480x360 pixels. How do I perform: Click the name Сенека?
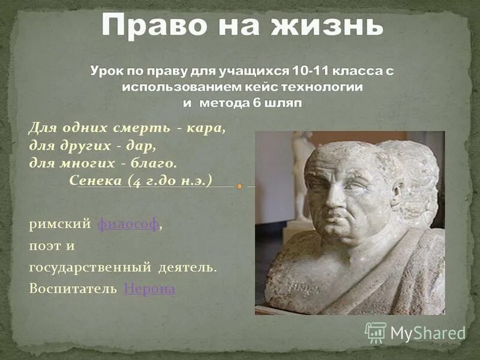[x=97, y=180]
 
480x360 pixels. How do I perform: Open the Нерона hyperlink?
[x=149, y=289]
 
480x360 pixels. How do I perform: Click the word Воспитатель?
[x=73, y=289]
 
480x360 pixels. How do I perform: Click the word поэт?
[x=43, y=246]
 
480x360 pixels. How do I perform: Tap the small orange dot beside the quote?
[x=239, y=187]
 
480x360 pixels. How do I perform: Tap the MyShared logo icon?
[x=376, y=332]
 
